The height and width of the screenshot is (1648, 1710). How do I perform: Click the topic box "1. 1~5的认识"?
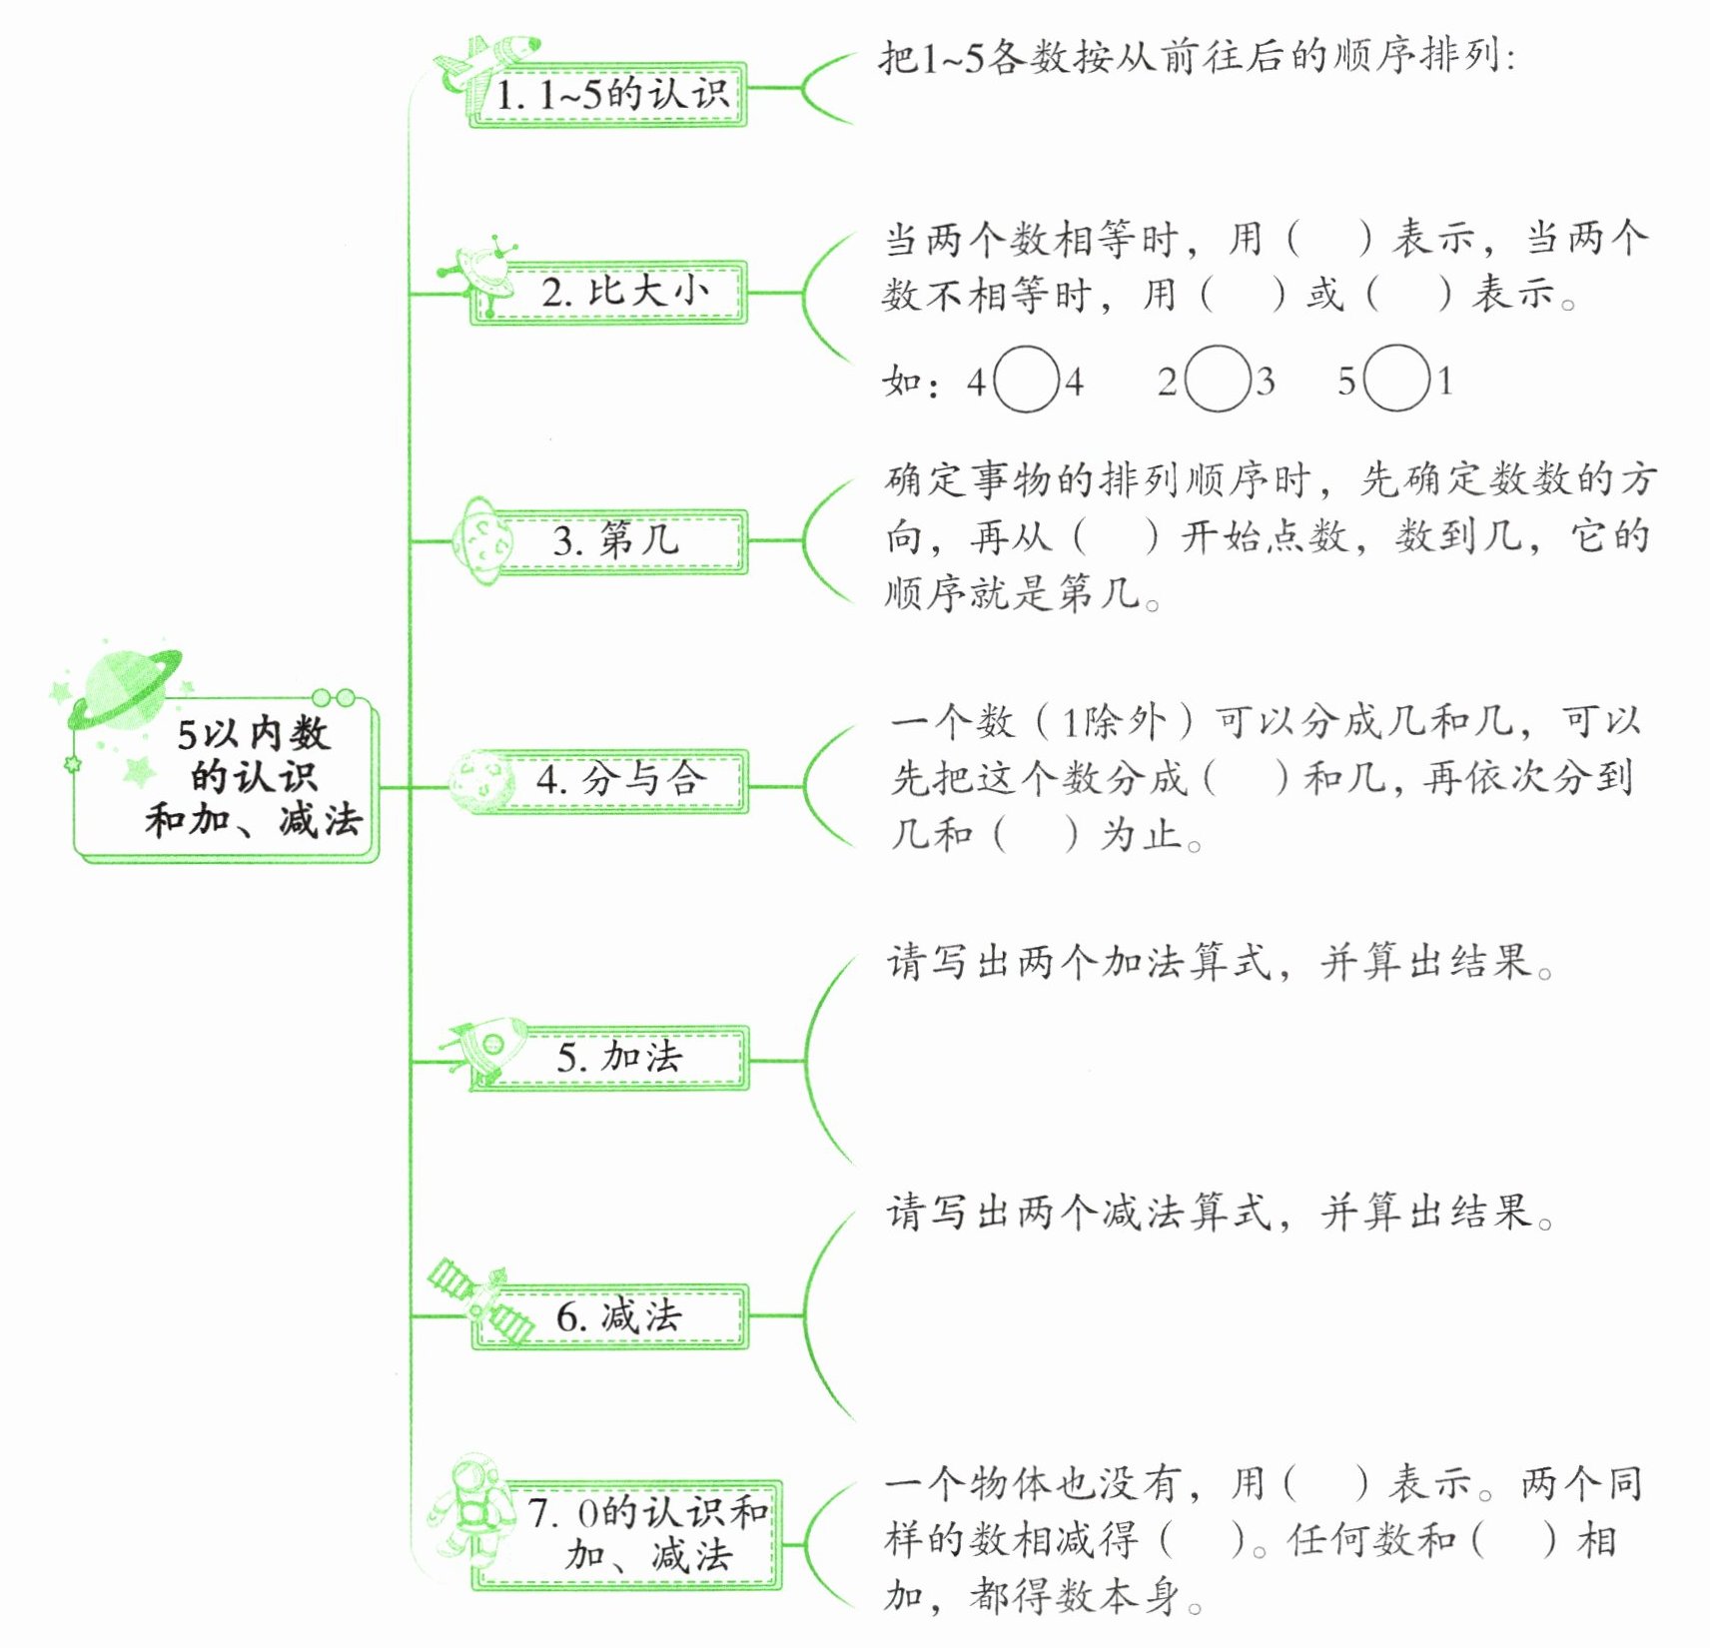pos(611,95)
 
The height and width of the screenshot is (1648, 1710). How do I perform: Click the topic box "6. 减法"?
pos(619,1315)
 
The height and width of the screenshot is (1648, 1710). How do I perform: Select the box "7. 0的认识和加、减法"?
pos(647,1534)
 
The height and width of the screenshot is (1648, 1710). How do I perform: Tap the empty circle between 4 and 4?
pos(1026,380)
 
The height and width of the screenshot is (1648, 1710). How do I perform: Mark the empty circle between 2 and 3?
pos(1218,380)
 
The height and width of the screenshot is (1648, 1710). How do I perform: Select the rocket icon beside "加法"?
pos(489,1048)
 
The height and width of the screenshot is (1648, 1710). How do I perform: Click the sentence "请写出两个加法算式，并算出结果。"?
pos(1219,963)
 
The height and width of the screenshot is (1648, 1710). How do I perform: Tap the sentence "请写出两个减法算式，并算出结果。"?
pos(1219,1213)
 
